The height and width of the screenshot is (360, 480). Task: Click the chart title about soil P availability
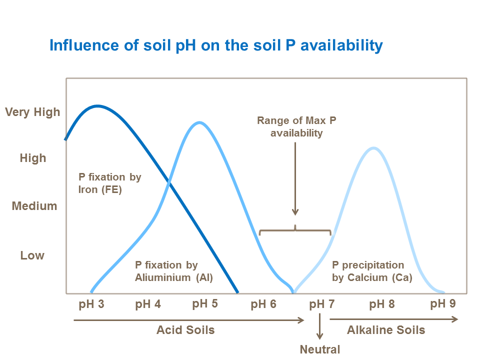coord(216,45)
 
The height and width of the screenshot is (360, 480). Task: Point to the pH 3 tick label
coord(91,304)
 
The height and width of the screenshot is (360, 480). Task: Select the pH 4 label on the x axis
coord(148,304)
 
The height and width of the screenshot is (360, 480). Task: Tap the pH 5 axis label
coord(205,304)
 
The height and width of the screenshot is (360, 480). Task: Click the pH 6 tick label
coord(263,304)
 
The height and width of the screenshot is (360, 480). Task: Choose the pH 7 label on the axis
coord(321,304)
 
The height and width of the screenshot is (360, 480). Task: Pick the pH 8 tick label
coord(382,304)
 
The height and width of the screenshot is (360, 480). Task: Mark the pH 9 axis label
coord(443,304)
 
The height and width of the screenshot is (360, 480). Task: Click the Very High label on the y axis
coord(32,112)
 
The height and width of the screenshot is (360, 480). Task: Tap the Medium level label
coord(34,206)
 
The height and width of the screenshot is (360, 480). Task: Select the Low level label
coord(32,255)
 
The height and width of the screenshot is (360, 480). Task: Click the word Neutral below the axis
coord(320,349)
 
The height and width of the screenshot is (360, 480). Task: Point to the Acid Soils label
coord(185,330)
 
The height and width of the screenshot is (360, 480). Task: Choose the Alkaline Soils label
coord(386,330)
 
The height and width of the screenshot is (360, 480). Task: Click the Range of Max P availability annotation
coord(296,126)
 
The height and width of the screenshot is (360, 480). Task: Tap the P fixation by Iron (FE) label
coord(110,183)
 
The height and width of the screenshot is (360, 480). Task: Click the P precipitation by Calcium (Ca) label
coord(372,271)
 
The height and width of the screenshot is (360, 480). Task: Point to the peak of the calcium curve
coord(373,148)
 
